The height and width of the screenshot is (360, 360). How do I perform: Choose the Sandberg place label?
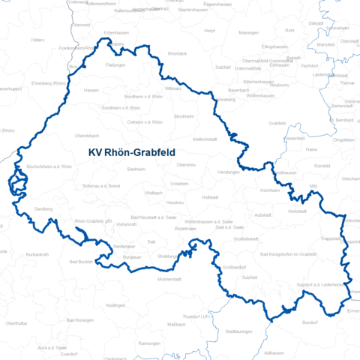click(x=43, y=208)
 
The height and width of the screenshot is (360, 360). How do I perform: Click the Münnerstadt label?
click(x=170, y=279)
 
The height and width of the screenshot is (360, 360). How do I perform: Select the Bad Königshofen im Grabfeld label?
click(x=293, y=254)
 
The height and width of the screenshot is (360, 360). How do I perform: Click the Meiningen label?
click(x=249, y=33)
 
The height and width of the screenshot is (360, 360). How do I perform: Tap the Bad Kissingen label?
click(x=80, y=320)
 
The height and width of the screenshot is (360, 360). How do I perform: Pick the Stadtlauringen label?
click(x=238, y=330)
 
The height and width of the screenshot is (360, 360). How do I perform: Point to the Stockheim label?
click(x=184, y=117)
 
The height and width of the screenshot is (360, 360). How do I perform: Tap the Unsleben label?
click(x=179, y=183)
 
